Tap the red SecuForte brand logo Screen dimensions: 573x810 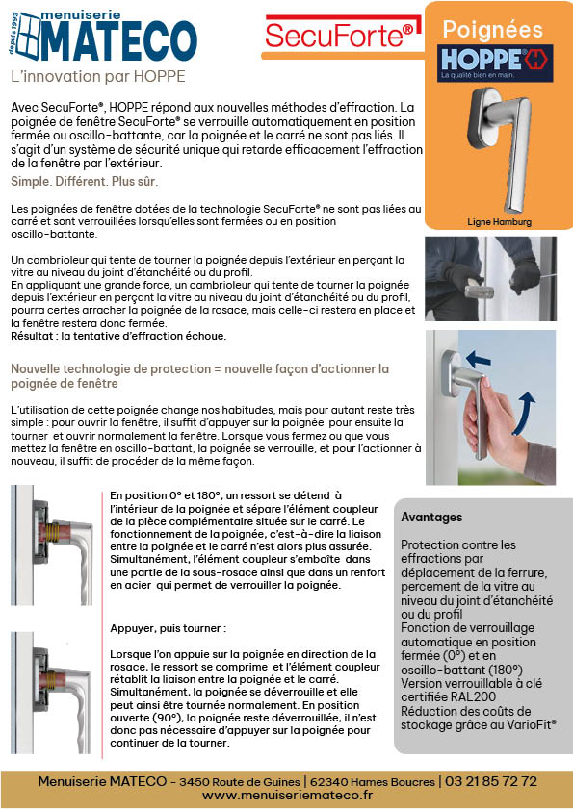click(x=339, y=35)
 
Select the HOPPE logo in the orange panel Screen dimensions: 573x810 click(x=495, y=63)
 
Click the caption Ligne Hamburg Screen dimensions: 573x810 click(x=499, y=222)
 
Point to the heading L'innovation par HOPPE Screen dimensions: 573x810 click(x=98, y=76)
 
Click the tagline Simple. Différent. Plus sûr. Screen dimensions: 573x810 click(x=85, y=182)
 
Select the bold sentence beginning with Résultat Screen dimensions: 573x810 click(x=118, y=336)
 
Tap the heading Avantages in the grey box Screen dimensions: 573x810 click(x=431, y=518)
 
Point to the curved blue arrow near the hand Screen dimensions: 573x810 click(x=525, y=414)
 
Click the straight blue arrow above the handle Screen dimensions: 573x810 click(x=479, y=359)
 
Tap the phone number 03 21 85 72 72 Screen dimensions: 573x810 click(x=491, y=780)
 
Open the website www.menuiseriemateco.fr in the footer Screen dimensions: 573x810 click(x=287, y=795)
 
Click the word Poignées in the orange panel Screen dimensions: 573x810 click(x=492, y=30)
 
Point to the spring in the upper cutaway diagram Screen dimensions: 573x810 click(x=50, y=533)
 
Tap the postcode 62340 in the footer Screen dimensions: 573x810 click(x=326, y=781)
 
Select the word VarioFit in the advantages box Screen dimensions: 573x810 click(x=532, y=724)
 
